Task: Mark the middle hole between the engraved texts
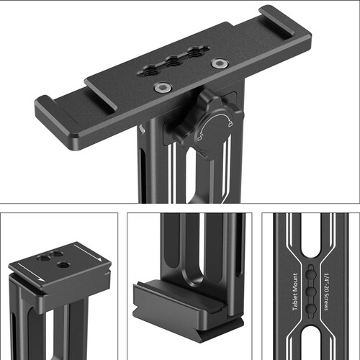[x=311, y=292]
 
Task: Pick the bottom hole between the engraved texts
[x=311, y=308]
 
